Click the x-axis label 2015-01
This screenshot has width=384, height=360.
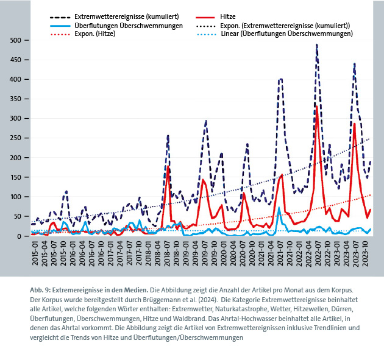coord(35,252)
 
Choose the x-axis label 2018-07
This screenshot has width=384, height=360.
coord(167,252)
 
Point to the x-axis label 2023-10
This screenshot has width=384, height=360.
coord(365,252)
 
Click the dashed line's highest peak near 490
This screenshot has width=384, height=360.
coord(317,45)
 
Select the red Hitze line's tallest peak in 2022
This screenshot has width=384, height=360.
coord(318,107)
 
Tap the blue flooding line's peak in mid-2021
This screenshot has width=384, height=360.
coord(279,208)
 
